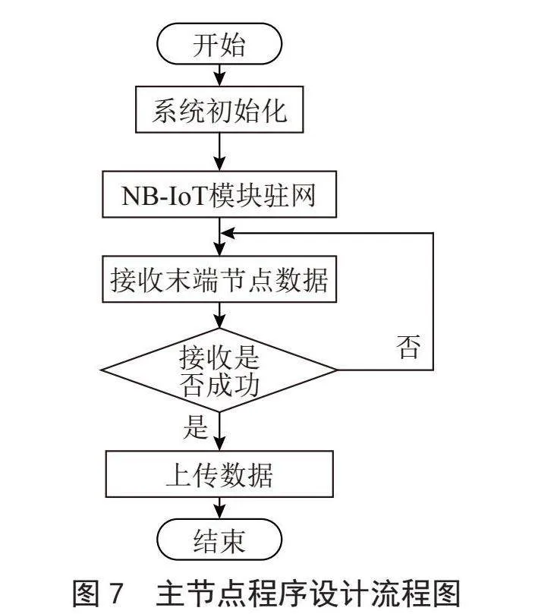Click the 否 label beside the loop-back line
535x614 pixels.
click(408, 347)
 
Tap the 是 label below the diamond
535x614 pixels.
click(195, 427)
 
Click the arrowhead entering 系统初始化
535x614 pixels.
click(219, 80)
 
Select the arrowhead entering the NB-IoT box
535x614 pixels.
click(219, 164)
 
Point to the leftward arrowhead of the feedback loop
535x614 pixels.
click(228, 234)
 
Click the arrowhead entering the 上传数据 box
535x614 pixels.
click(219, 444)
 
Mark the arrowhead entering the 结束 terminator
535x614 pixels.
click(219, 512)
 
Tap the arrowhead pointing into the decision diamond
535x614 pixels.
click(219, 322)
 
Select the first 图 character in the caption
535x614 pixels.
click(86, 594)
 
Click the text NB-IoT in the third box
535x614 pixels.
click(164, 195)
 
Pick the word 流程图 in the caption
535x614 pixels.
click(420, 594)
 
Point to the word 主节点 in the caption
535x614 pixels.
click(197, 594)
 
